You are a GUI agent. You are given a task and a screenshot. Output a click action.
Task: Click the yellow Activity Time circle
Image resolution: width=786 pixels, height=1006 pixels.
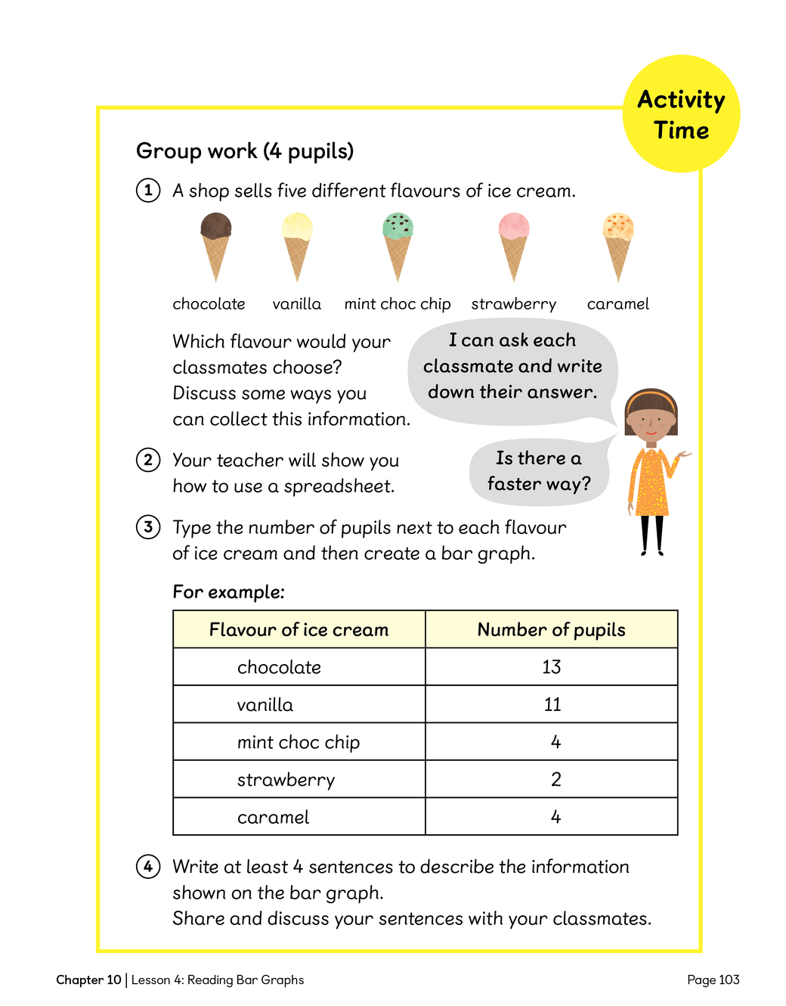point(681,114)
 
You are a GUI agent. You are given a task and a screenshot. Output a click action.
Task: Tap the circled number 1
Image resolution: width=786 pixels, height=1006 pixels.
point(148,190)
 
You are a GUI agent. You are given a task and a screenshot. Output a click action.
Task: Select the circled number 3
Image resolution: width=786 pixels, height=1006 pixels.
point(148,526)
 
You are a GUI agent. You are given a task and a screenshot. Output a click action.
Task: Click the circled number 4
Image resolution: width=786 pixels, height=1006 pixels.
point(148,866)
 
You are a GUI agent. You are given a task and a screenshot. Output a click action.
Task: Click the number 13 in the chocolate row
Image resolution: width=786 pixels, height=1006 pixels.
point(552,667)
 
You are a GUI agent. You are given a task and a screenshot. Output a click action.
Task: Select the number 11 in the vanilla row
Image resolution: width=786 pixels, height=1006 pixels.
point(552,704)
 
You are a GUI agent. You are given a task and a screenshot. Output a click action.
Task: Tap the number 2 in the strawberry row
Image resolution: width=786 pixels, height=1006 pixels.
point(556,779)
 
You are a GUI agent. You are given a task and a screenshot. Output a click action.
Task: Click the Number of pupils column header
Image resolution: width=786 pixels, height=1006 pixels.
point(552,629)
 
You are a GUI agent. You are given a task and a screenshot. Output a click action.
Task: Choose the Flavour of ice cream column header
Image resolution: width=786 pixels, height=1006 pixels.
point(299,629)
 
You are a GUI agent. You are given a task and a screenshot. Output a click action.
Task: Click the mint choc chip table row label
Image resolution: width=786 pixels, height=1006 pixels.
point(299,742)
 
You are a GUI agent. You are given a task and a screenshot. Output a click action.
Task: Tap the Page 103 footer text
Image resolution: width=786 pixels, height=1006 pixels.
point(713,980)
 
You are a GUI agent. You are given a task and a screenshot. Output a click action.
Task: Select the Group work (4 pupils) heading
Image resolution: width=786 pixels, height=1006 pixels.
point(245,151)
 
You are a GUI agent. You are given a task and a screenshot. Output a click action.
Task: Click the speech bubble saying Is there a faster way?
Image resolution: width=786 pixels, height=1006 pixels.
point(539,471)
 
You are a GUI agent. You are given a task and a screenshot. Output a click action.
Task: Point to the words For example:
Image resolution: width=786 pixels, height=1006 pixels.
point(228,591)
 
